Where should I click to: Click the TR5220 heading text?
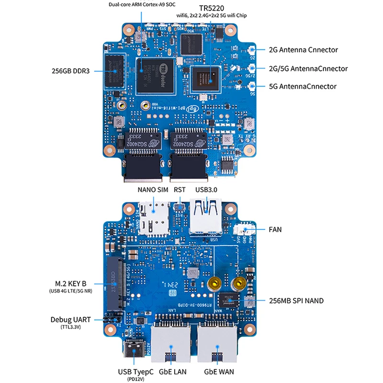coord(212,8)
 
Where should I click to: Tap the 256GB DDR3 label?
coord(70,71)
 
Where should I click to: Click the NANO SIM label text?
coord(153,190)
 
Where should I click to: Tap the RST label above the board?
coord(180,190)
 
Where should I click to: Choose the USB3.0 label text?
coord(206,190)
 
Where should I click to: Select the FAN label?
coord(275,230)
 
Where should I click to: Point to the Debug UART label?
coord(72,319)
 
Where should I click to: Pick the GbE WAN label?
coord(219,371)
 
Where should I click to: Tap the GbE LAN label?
coord(172,371)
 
